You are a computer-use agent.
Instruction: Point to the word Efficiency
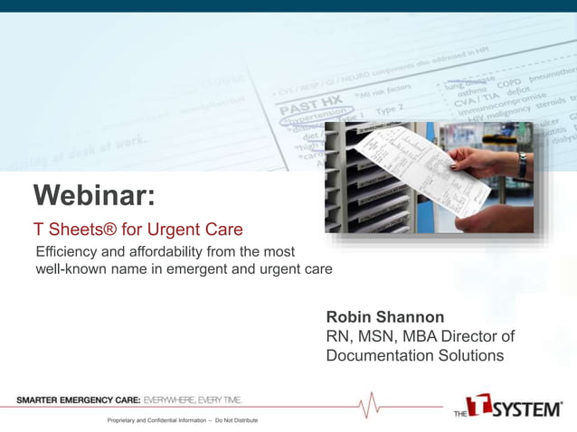tap(67, 250)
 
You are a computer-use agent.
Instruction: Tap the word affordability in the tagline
tap(166, 250)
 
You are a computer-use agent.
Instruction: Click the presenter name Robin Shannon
tap(385, 317)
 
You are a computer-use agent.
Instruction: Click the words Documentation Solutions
tap(415, 356)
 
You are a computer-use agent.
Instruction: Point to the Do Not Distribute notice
tap(236, 421)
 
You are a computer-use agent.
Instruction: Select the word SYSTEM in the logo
tap(528, 409)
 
